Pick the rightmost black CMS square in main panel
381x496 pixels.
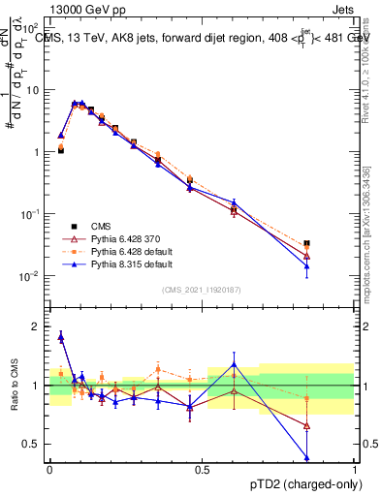306,243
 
